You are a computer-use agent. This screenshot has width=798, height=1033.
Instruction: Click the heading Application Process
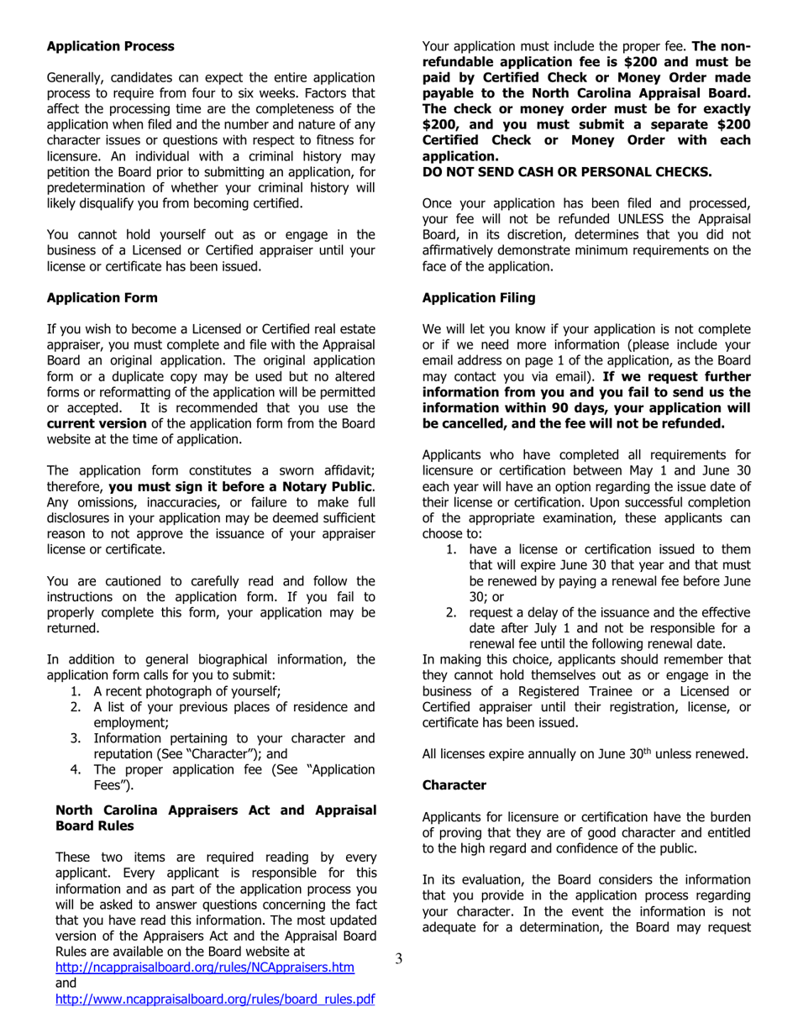click(111, 45)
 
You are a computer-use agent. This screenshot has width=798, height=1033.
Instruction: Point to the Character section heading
click(454, 784)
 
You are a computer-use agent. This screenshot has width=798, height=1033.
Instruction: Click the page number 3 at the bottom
click(399, 958)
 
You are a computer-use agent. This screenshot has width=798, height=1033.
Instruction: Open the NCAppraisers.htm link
click(204, 967)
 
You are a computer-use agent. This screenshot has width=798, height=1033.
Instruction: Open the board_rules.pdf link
click(214, 999)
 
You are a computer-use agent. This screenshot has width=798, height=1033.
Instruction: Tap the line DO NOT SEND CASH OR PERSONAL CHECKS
click(567, 172)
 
